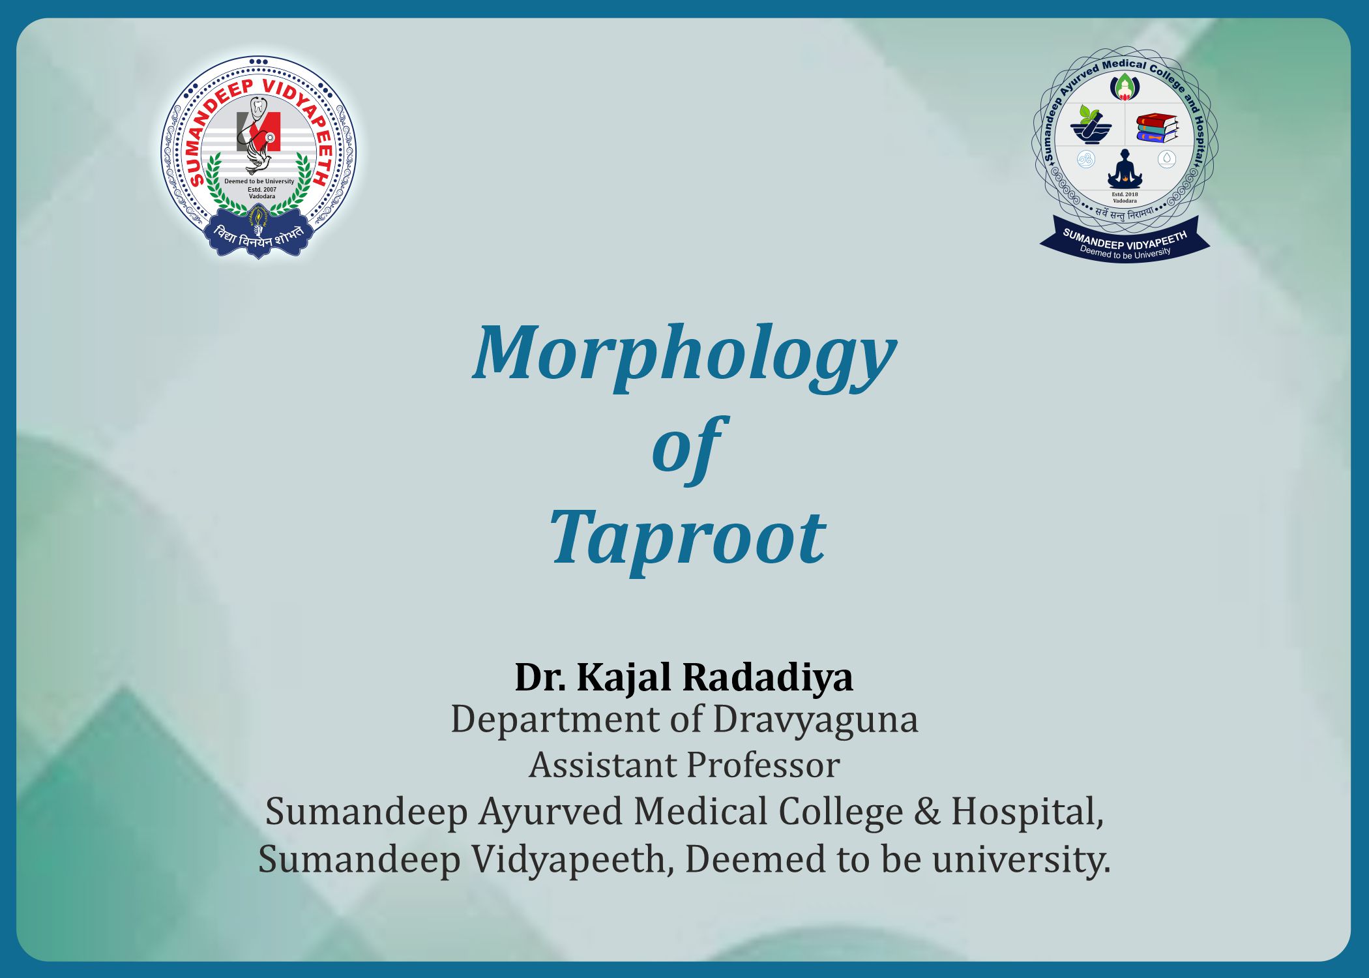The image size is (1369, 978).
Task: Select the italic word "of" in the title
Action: click(x=688, y=449)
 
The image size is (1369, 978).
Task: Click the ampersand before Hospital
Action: click(x=927, y=812)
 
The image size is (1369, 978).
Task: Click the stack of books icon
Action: click(x=1157, y=128)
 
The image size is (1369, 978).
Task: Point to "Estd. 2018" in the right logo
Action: click(x=1125, y=194)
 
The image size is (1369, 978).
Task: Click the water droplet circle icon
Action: click(x=1166, y=158)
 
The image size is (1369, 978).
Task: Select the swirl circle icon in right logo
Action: click(x=1085, y=159)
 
